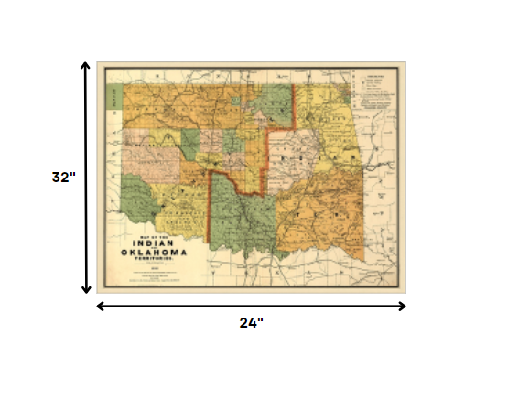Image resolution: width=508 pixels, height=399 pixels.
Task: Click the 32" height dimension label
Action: pyautogui.click(x=62, y=178)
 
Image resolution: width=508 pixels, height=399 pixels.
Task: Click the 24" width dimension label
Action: pyautogui.click(x=252, y=322)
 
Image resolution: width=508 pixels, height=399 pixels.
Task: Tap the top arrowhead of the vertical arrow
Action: pyautogui.click(x=86, y=67)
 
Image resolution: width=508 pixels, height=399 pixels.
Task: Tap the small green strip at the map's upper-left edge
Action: pyautogui.click(x=114, y=92)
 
